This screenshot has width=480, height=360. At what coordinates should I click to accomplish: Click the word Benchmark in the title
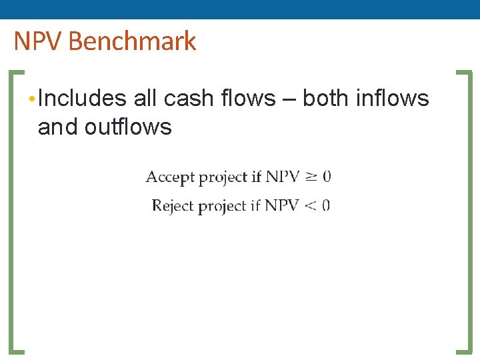point(132,41)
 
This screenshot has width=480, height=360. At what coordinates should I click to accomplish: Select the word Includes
point(82,99)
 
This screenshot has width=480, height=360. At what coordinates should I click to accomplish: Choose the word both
point(326,99)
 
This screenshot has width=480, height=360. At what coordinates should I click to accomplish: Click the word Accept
point(170,177)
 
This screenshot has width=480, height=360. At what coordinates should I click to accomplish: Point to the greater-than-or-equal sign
point(311,177)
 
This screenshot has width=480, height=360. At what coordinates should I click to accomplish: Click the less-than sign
point(311,205)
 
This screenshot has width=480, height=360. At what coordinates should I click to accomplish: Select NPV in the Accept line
point(282,177)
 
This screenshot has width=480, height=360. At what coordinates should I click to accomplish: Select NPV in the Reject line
point(281,205)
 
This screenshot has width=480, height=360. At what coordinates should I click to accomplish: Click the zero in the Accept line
point(327,177)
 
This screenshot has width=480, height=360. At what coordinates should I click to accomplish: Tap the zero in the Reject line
point(326,205)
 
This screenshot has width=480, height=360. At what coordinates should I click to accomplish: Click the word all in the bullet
point(145,99)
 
